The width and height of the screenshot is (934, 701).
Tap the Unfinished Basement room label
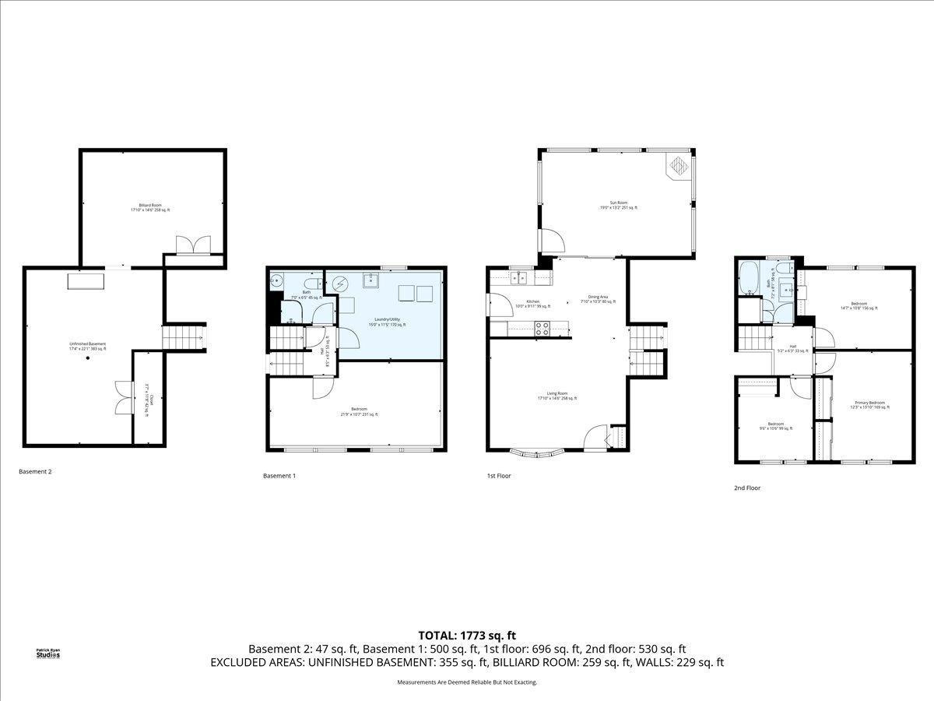click(x=86, y=346)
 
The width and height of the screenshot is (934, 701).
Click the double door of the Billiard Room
click(x=193, y=245)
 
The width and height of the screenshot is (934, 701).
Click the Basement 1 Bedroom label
click(x=359, y=412)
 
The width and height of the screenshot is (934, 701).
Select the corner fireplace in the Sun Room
click(x=678, y=165)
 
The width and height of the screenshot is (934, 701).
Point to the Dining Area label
click(x=598, y=299)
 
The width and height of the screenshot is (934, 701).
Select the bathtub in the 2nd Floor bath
click(x=750, y=279)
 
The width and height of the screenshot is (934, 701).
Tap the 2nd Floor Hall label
click(x=793, y=349)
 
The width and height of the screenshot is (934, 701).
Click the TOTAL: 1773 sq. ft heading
click(x=467, y=635)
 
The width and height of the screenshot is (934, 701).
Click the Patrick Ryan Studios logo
click(x=47, y=653)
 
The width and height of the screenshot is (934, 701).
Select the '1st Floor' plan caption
click(x=499, y=475)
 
